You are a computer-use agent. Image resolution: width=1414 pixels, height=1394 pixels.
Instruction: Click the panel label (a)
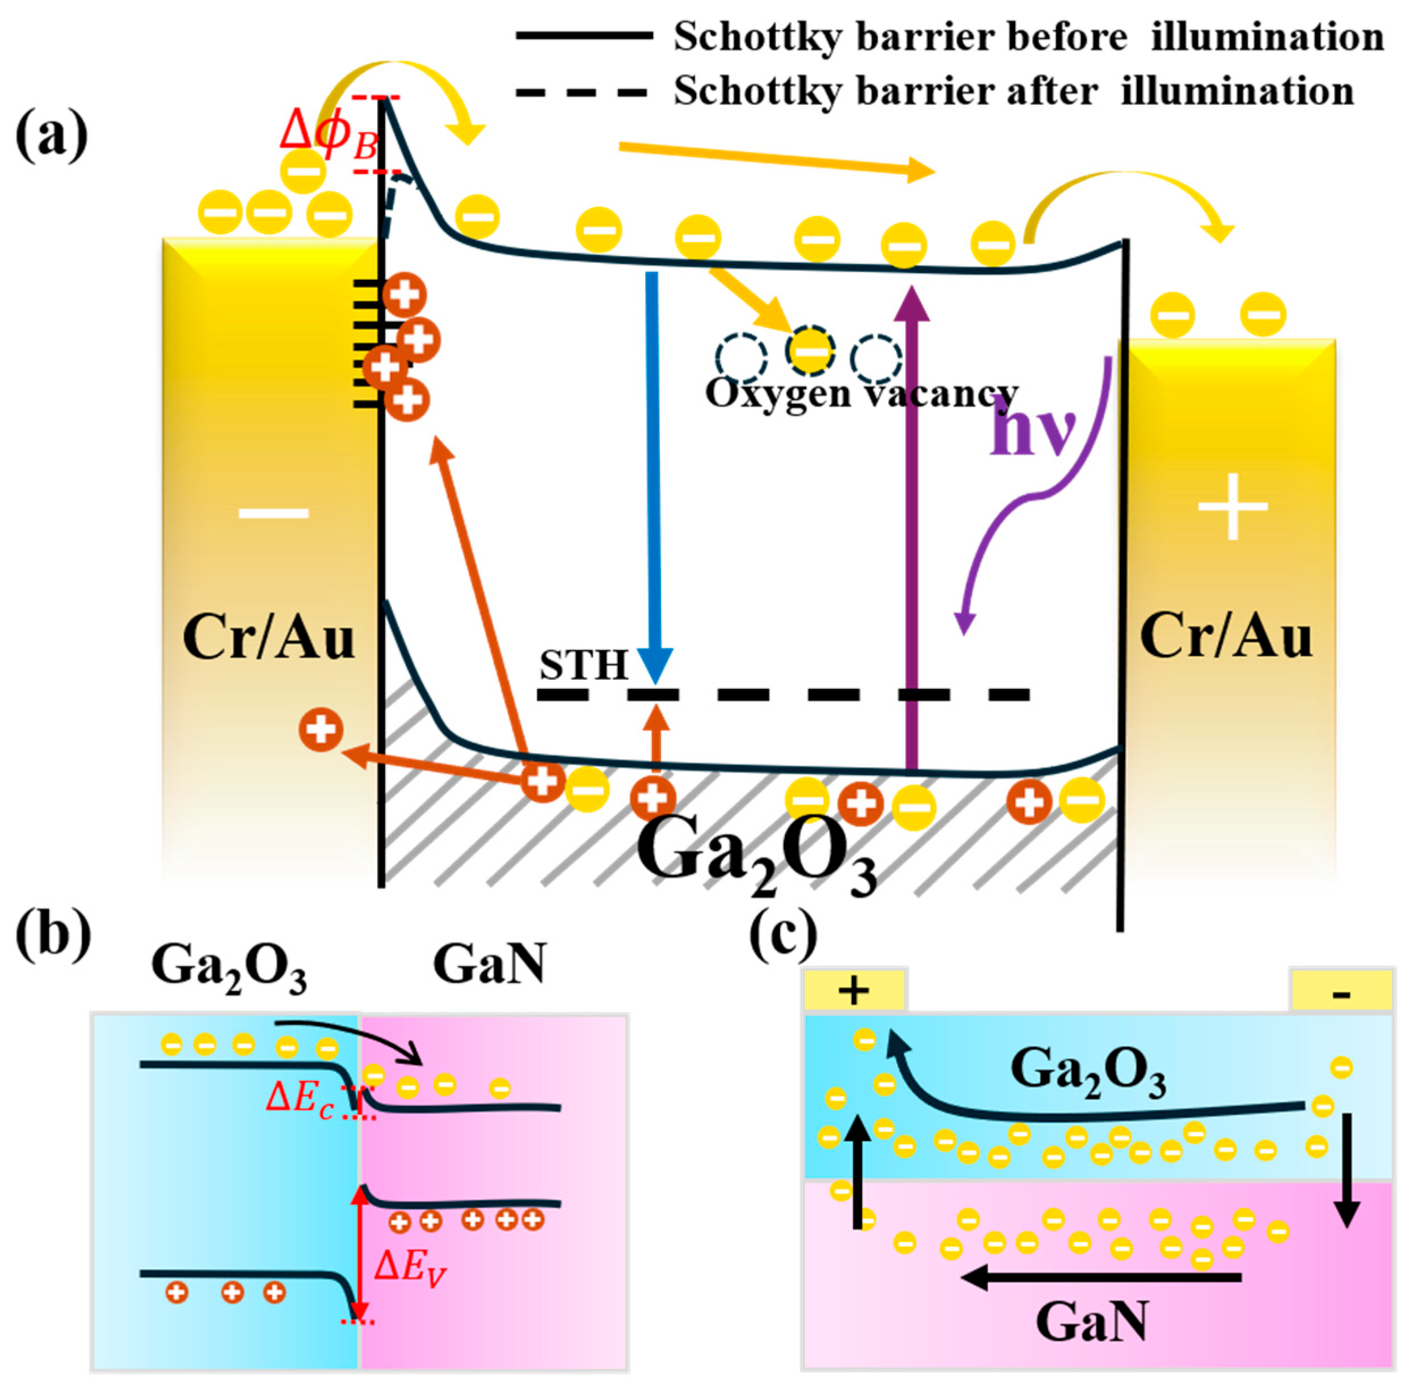51,134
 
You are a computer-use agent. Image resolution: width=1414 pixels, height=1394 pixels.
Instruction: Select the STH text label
583,664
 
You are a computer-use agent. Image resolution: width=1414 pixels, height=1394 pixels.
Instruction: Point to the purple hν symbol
1033,432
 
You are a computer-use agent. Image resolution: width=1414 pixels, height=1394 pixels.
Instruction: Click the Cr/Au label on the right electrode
1226,637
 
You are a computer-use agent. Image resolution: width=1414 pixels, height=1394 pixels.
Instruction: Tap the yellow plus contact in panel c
854,991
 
